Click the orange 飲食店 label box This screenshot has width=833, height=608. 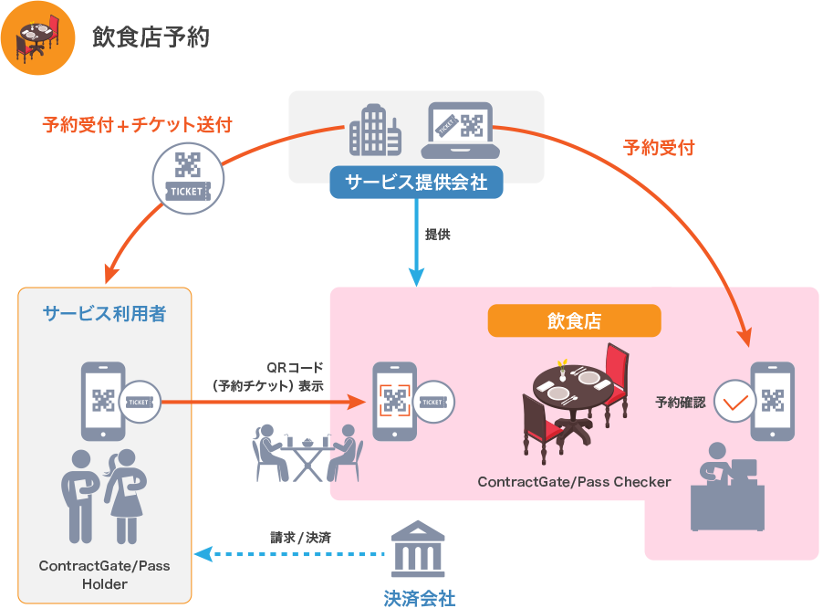pyautogui.click(x=574, y=320)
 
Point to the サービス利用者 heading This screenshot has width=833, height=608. pyautogui.click(x=104, y=314)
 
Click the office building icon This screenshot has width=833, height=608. pyautogui.click(x=375, y=130)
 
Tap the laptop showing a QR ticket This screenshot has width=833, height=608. pyautogui.click(x=460, y=131)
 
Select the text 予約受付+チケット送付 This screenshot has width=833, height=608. pyautogui.click(x=137, y=125)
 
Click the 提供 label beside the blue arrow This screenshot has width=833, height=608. pyautogui.click(x=438, y=235)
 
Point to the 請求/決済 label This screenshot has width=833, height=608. pyautogui.click(x=300, y=537)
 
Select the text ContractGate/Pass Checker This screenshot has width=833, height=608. pyautogui.click(x=574, y=481)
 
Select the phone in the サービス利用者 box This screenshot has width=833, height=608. pyautogui.click(x=103, y=400)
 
